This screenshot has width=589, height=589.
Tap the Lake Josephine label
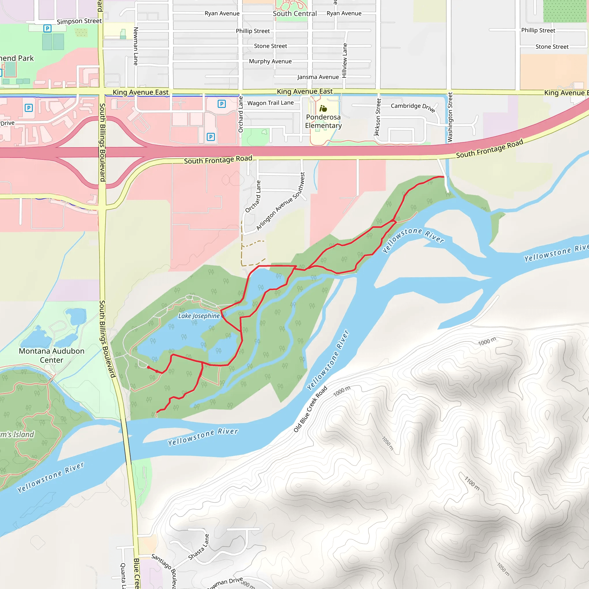coord(199,316)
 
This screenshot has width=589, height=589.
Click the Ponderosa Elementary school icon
coord(323,108)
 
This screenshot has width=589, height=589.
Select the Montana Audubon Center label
coord(51,355)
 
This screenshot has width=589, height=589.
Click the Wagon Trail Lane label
coord(270,103)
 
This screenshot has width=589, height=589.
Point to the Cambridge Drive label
coord(412,107)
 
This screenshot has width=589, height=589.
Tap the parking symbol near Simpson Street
coord(47,29)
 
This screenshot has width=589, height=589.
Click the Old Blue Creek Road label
coord(310,409)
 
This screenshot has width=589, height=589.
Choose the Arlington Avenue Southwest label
coord(280,202)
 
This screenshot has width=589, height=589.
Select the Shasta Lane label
coord(199,547)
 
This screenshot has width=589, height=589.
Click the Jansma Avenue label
coord(318,77)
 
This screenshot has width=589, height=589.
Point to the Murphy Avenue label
coord(270,61)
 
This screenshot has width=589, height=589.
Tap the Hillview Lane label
coord(345,60)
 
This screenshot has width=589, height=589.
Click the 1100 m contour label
coord(472,483)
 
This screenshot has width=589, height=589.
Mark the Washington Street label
coord(450,117)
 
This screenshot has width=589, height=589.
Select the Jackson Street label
coord(378,117)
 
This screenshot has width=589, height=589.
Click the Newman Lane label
coord(136,46)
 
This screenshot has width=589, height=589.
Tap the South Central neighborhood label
coord(294,14)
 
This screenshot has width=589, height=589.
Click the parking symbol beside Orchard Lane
coord(222,104)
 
